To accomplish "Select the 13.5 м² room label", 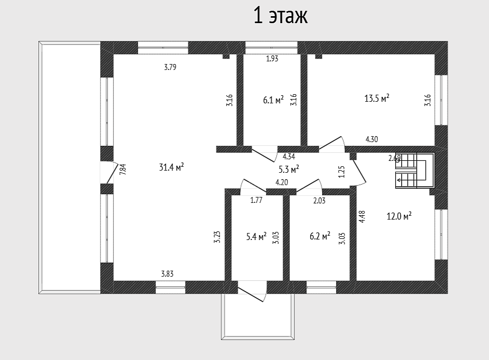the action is tap(377, 98).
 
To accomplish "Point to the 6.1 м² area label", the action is tap(273, 100).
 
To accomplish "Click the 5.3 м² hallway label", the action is tap(289, 170).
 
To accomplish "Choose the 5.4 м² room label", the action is tap(256, 237).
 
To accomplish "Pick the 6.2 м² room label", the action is tap(320, 236).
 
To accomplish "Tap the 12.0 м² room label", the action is tap(399, 216).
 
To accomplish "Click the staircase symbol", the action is tap(415, 170).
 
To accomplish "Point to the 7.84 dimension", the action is tap(123, 170).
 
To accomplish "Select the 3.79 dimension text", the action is tap(170, 67).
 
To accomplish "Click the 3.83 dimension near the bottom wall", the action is tap(167, 274).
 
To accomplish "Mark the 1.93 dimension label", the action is tap(273, 59).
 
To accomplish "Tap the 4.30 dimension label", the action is tap(372, 139).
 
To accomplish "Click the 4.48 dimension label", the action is tap(362, 217).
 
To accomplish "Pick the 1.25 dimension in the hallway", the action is tap(342, 172).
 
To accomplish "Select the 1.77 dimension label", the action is tap(256, 200).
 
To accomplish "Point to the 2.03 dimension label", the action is tap(319, 201).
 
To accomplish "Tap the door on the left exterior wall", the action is tap(109, 173).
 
